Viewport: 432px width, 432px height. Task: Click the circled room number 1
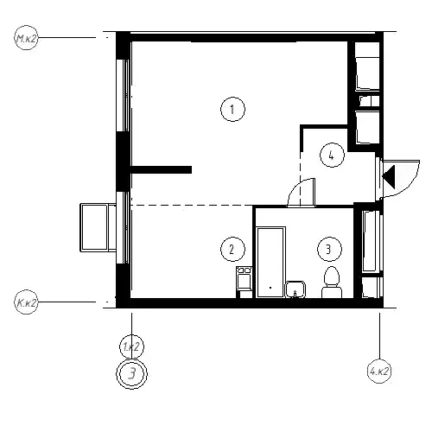point(232,110)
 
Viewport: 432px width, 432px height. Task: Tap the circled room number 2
point(232,249)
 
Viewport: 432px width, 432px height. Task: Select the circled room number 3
point(329,249)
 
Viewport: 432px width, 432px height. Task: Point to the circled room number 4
point(332,156)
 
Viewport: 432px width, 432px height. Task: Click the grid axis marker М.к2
point(26,38)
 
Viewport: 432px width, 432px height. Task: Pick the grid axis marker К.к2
point(26,302)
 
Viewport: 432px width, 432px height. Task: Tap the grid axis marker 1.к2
point(131,346)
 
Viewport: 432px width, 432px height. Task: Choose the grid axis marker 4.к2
point(379,372)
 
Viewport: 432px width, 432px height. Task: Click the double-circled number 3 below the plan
point(131,374)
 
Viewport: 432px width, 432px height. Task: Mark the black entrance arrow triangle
point(390,175)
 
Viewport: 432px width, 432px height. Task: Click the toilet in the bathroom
point(332,283)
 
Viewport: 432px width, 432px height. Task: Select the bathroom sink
point(295,289)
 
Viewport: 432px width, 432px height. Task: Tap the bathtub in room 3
point(270,262)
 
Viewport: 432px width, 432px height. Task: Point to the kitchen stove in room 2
point(244,278)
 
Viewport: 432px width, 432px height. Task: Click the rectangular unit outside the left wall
point(98,227)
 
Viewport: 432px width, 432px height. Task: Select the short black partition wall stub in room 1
point(162,170)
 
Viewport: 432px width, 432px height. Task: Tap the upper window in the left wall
point(124,95)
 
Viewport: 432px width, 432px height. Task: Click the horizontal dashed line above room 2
point(192,206)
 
